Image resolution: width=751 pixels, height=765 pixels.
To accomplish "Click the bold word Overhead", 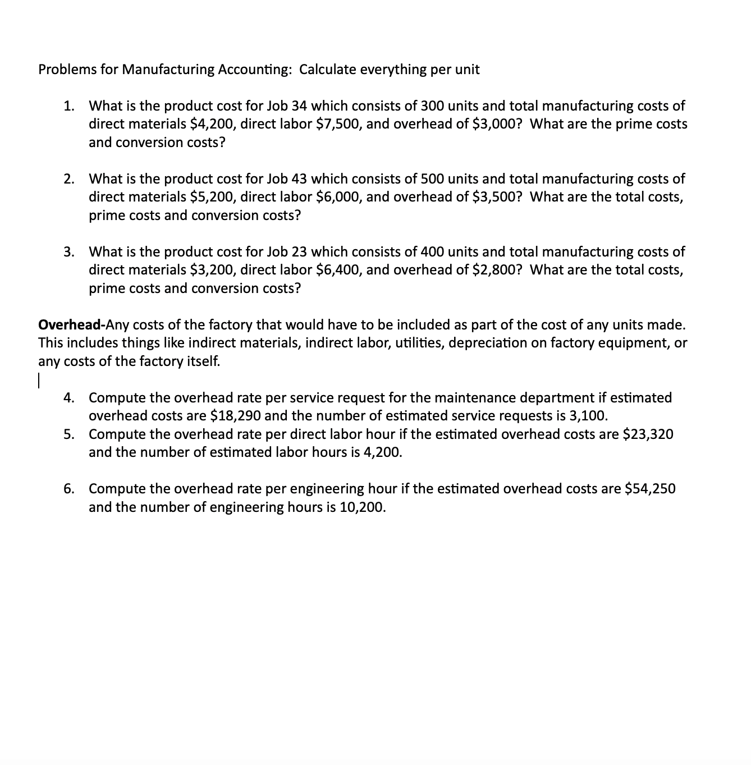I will tap(69, 324).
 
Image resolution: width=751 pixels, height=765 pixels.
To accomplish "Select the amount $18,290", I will tap(235, 416).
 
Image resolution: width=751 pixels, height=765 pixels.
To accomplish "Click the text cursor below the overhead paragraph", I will tap(39, 380).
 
